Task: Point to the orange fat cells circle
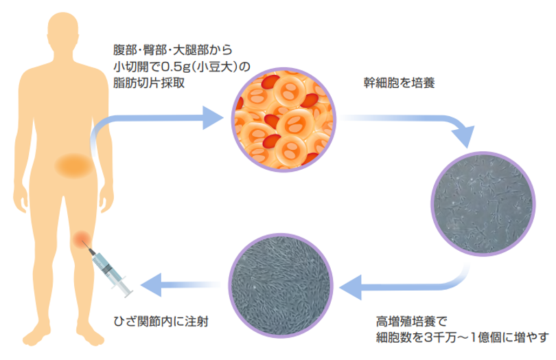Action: [x=284, y=120]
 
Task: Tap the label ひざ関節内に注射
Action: [x=161, y=320]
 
